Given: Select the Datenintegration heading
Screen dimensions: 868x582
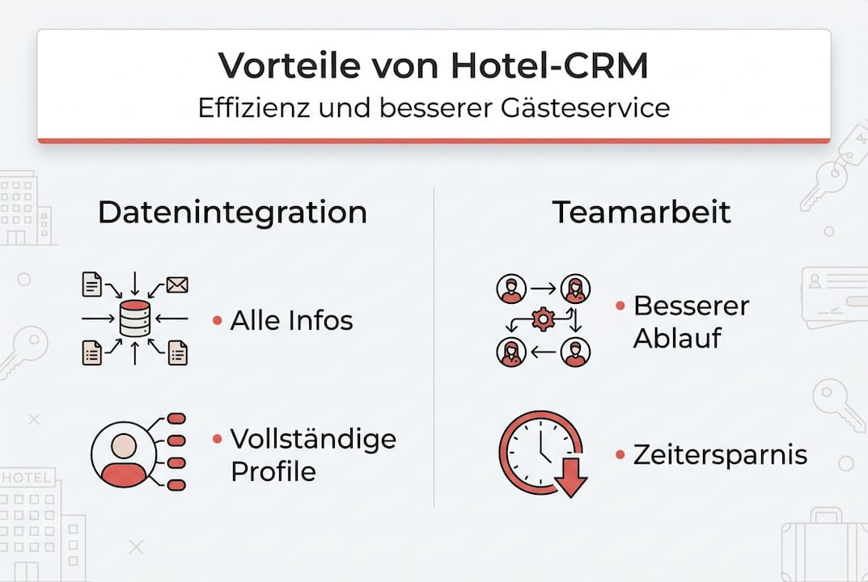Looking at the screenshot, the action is pyautogui.click(x=232, y=213).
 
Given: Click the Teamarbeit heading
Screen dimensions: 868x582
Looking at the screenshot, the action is pyautogui.click(x=641, y=213).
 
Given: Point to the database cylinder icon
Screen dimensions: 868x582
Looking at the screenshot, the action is pyautogui.click(x=134, y=318).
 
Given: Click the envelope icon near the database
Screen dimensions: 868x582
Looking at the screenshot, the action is pyautogui.click(x=176, y=284).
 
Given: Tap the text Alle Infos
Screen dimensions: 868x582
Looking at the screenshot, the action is pyautogui.click(x=291, y=320).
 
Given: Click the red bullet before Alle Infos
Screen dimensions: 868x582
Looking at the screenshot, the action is pyautogui.click(x=217, y=321).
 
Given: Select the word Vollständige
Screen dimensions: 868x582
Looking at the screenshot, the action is pyautogui.click(x=314, y=439).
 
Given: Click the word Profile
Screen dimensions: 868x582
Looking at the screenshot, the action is pyautogui.click(x=273, y=470).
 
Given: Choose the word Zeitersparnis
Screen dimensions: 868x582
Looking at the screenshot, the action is pyautogui.click(x=720, y=454).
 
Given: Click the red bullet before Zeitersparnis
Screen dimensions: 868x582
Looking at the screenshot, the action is pyautogui.click(x=620, y=455).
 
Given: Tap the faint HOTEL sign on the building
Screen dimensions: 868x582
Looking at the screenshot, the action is pyautogui.click(x=28, y=477).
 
